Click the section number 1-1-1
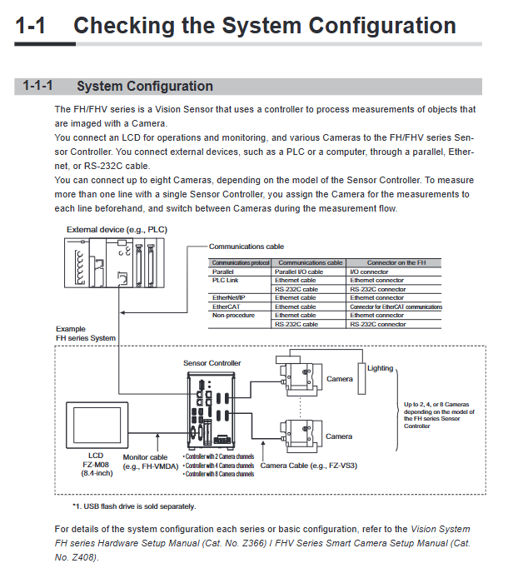pos(37,86)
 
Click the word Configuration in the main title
pos(382,25)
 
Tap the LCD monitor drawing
pos(97,425)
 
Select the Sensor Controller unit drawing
pos(211,410)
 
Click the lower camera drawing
pos(301,436)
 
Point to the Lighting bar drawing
pos(361,378)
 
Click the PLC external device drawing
pos(114,262)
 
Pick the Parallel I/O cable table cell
pos(299,272)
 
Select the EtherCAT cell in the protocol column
pos(226,306)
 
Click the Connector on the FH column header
pos(396,263)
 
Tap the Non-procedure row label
pos(233,316)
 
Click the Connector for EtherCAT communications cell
pos(396,306)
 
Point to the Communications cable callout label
pos(247,247)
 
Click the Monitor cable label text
pos(145,457)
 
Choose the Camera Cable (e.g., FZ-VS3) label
pos(308,466)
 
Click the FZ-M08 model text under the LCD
pos(96,465)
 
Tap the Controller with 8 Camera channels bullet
pos(218,474)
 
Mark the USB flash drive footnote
pos(134,506)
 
